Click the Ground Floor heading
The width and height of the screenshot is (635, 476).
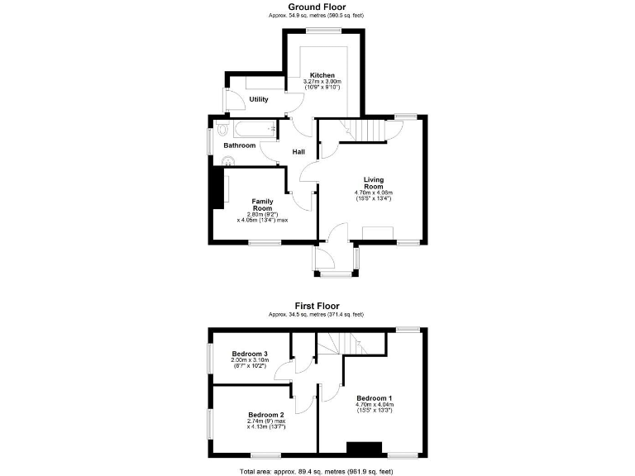[x=317, y=7]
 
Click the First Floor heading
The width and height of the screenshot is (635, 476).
[x=317, y=306]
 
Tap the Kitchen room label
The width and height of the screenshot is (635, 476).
[x=322, y=75]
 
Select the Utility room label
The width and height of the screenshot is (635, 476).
[x=259, y=99]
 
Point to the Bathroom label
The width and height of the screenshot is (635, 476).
[x=240, y=145]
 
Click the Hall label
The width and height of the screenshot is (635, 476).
[x=299, y=152]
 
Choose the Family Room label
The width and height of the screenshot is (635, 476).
[x=263, y=204]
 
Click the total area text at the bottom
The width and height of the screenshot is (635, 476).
[x=317, y=470]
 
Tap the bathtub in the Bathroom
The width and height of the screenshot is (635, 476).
[x=251, y=129]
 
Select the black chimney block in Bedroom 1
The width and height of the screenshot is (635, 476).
[x=365, y=449]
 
